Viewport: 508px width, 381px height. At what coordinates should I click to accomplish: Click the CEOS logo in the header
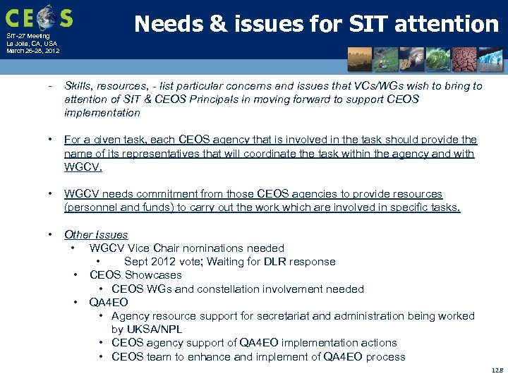point(39,17)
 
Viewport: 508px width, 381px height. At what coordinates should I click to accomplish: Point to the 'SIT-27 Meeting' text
point(28,36)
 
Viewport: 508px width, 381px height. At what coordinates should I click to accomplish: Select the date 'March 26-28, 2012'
point(32,51)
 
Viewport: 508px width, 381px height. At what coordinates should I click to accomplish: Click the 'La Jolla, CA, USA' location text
point(32,44)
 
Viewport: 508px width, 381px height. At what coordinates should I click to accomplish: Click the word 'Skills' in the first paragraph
point(78,86)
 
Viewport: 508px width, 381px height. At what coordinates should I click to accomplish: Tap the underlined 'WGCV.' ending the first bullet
point(83,167)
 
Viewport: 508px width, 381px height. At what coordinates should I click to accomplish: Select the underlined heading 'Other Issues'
point(96,235)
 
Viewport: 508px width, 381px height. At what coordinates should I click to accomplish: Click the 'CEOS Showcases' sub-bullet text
point(135,275)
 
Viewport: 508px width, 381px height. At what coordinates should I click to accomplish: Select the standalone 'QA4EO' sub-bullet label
point(109,303)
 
